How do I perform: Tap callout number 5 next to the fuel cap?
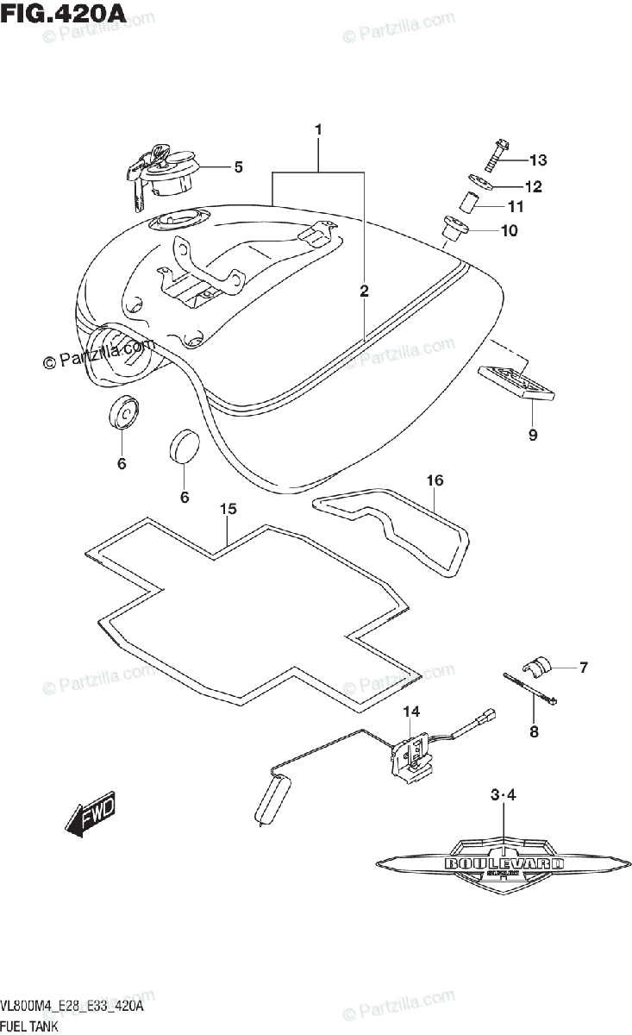238,166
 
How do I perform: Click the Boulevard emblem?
504,863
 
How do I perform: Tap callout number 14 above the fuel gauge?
411,711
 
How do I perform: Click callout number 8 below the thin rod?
533,732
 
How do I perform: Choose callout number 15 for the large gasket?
227,510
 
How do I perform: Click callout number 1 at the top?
317,129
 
